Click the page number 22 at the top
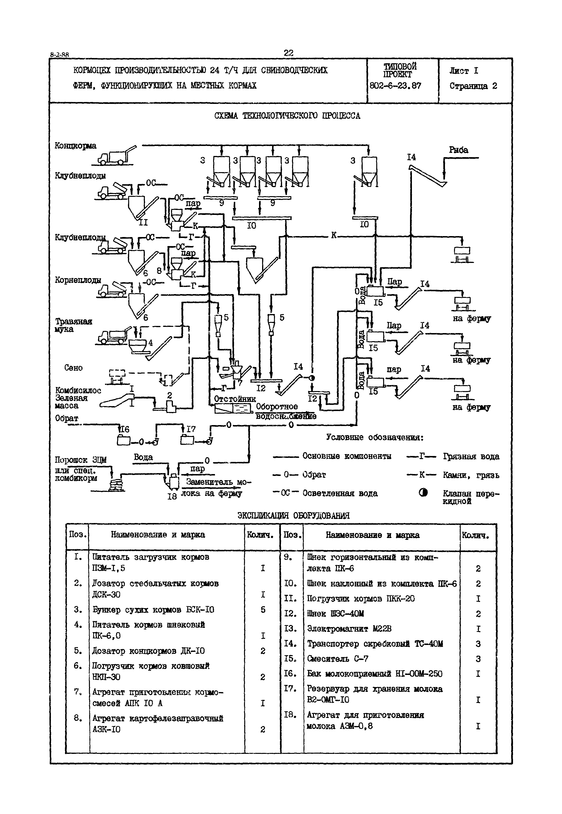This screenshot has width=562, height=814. (288, 53)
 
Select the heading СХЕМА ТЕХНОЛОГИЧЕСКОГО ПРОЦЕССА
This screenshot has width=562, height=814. (287, 116)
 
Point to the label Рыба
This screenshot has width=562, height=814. (459, 150)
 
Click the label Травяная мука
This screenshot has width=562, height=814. (73, 325)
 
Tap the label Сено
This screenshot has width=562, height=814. (73, 368)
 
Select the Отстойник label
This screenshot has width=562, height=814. (235, 399)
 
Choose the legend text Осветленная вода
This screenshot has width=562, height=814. (340, 493)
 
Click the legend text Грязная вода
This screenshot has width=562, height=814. (471, 456)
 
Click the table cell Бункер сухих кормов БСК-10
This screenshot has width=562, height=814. (153, 610)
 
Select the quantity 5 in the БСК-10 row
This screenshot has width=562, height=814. (263, 610)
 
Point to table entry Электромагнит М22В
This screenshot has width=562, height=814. (349, 629)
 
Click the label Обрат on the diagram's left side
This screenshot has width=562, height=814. (67, 418)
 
